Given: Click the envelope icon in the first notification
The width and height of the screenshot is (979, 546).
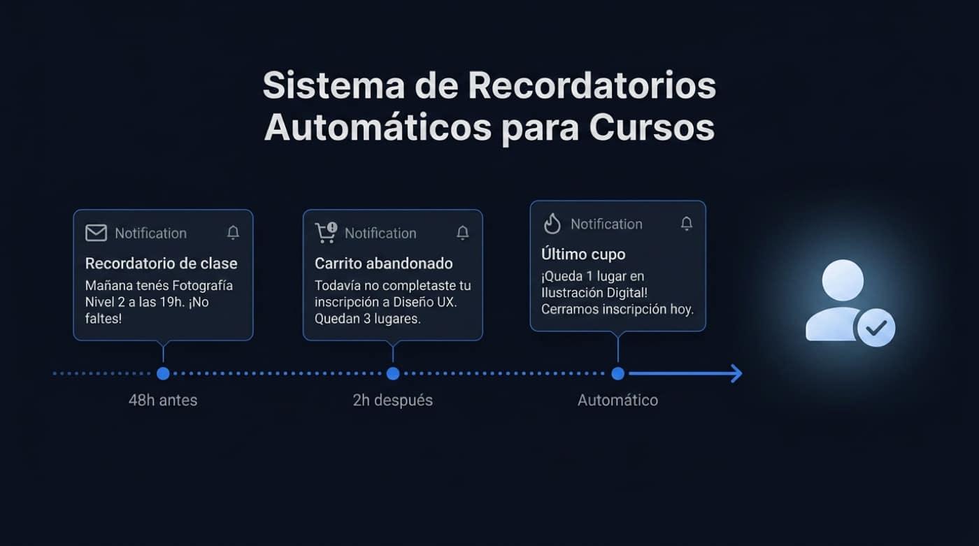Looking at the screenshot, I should click(96, 233).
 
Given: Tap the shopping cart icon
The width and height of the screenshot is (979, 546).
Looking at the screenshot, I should click(326, 233).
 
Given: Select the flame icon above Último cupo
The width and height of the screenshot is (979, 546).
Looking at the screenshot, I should click(552, 224).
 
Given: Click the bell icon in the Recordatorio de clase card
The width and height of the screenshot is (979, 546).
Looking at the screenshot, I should click(234, 233).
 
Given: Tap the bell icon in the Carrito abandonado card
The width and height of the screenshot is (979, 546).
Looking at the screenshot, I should click(463, 233).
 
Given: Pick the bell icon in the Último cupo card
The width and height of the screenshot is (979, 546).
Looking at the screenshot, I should click(687, 224).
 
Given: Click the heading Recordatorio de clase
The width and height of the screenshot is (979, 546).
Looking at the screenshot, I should click(161, 264).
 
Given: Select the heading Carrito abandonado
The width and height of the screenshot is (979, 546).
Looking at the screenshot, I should click(383, 264).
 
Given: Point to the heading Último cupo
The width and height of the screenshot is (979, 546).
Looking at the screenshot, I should click(583, 254).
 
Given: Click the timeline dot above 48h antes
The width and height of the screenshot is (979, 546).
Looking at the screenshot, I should click(163, 373).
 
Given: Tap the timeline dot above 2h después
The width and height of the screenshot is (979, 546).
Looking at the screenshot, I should click(393, 373).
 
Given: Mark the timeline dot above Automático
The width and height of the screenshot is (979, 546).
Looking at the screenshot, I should click(617, 373).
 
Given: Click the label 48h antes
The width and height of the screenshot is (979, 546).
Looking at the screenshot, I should click(163, 401).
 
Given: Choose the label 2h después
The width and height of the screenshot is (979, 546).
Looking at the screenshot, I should click(393, 401).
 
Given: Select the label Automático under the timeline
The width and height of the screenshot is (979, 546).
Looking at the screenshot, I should click(617, 401).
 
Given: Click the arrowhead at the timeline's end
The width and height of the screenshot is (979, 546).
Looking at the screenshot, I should click(736, 373).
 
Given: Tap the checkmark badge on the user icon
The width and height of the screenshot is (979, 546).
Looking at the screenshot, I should click(876, 327).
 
